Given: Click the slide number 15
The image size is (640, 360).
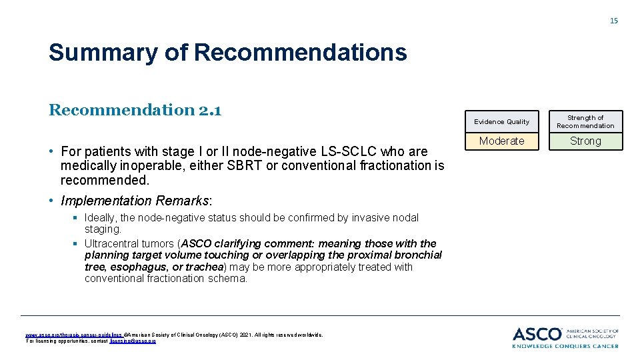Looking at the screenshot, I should point(614,21).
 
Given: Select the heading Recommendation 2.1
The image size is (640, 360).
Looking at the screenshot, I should point(135,109).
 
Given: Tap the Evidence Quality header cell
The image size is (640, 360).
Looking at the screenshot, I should point(501,121).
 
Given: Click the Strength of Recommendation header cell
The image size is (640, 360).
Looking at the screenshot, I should point(585,121).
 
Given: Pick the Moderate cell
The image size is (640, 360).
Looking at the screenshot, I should point(501,141).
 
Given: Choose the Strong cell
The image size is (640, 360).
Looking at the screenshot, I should point(585,141).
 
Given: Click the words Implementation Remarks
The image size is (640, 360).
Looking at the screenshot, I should point(135,201).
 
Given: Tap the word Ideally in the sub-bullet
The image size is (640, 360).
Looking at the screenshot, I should point(101,218).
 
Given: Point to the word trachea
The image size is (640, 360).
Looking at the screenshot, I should point(205,267).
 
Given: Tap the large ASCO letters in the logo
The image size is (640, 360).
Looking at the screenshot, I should point(537,334).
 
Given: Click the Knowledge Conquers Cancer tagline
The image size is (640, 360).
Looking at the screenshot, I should point(565,345).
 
